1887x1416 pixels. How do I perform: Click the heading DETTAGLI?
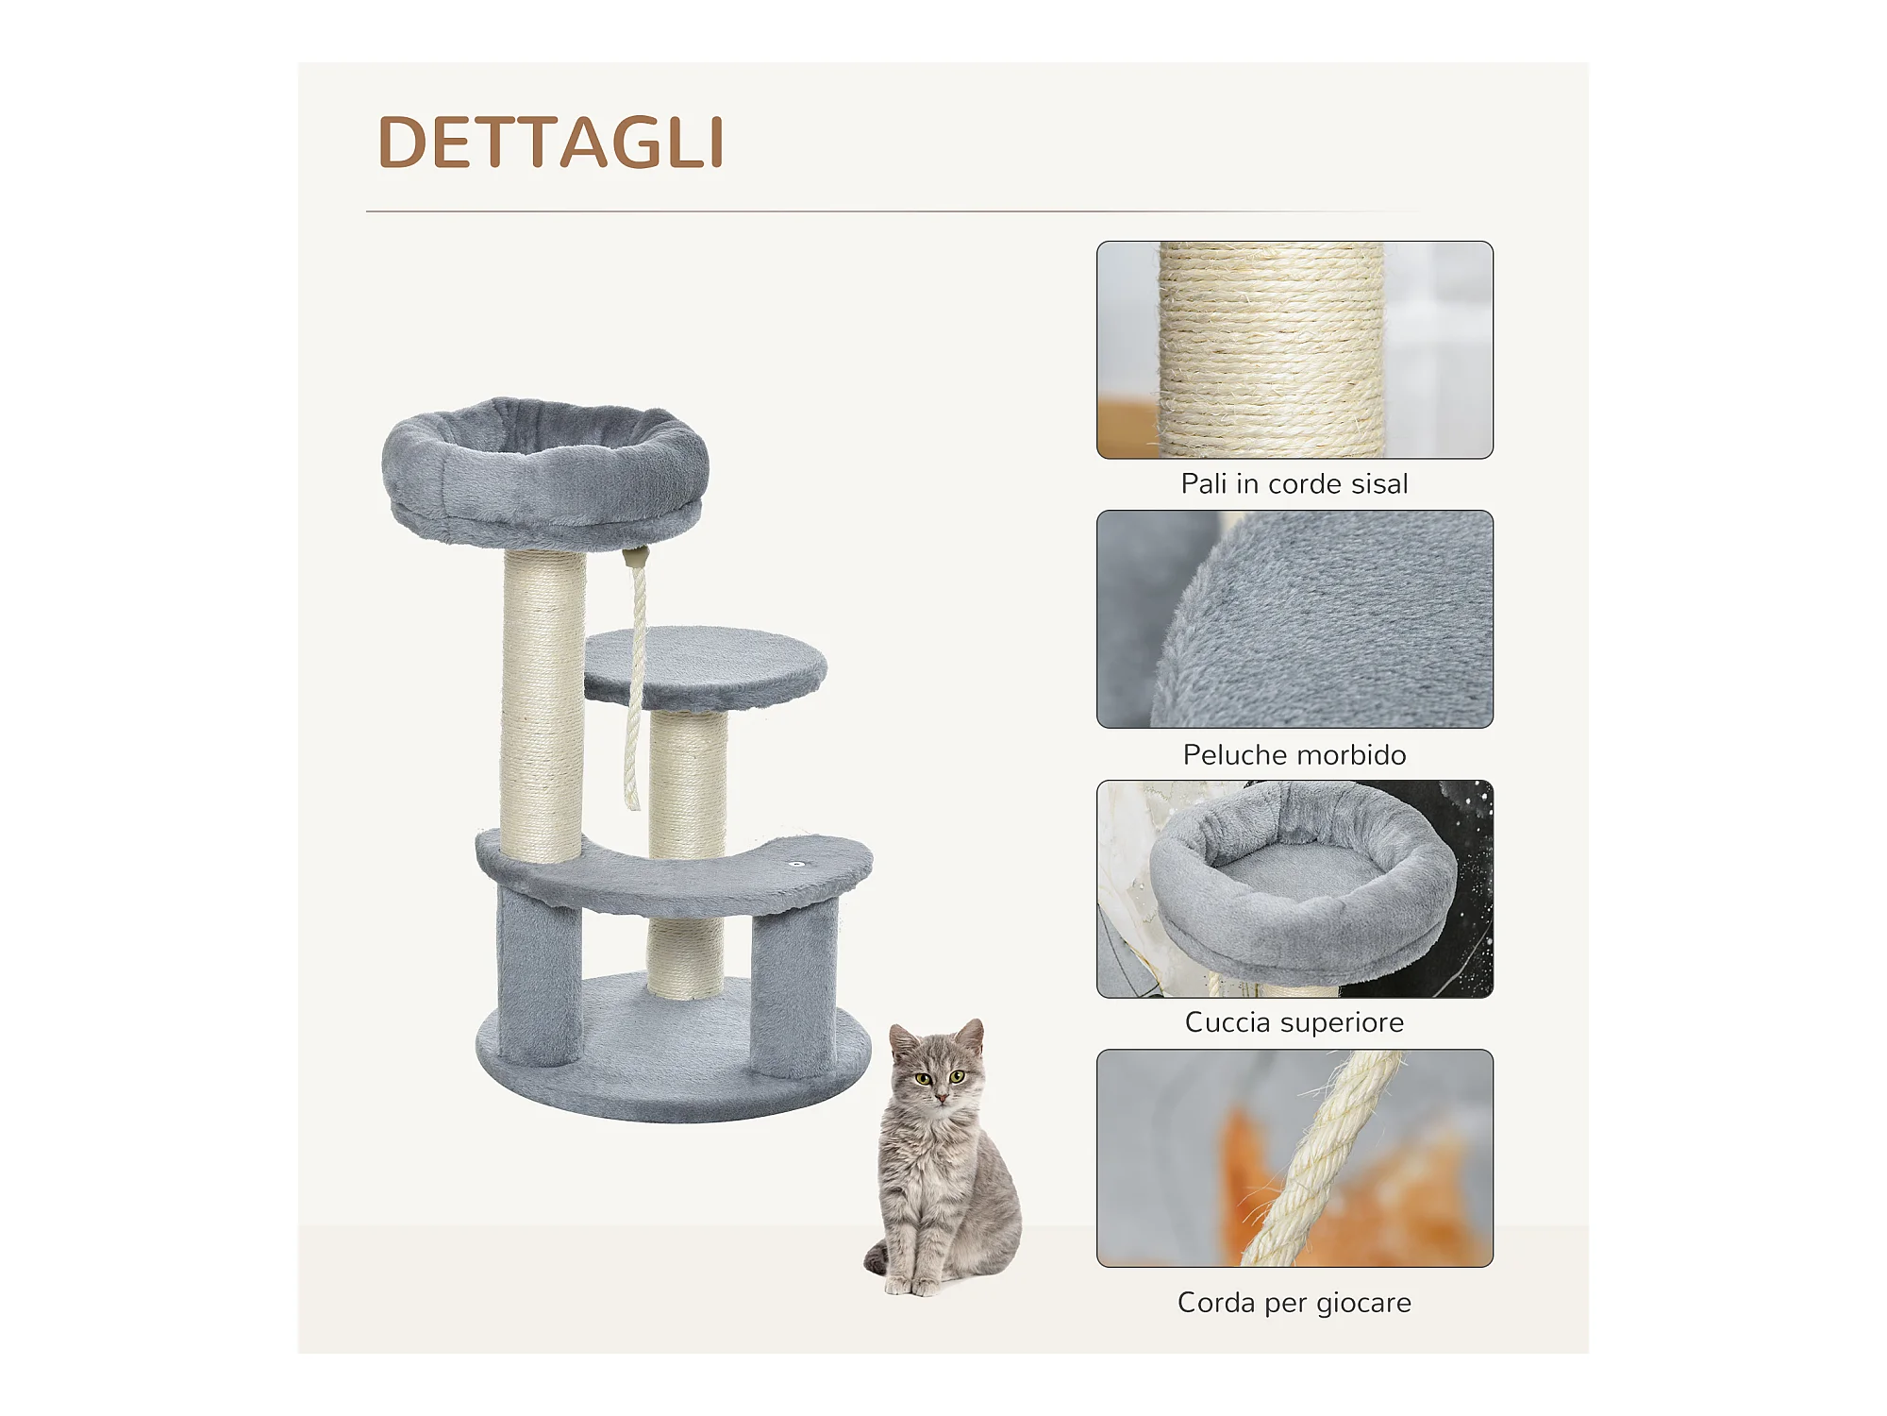pos(551,143)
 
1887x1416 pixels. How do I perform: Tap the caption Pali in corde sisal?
pos(1294,484)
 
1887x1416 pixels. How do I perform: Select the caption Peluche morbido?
pos(1294,754)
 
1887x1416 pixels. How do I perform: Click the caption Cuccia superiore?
pos(1294,1022)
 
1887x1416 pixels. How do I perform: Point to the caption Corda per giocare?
pos(1294,1303)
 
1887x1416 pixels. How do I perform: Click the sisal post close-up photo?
pos(1294,349)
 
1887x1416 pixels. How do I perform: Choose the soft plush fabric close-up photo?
pos(1294,619)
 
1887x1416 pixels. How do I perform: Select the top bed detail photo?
pos(1294,888)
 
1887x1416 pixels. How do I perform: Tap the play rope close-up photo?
pos(1294,1158)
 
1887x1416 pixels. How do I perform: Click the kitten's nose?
pos(940,1097)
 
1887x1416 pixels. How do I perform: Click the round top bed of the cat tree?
pos(545,472)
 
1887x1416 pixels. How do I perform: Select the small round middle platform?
pos(705,666)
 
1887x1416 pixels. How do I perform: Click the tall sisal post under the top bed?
pos(543,705)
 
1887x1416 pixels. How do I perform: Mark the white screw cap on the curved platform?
pos(797,864)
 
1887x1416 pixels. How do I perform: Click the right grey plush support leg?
pos(794,987)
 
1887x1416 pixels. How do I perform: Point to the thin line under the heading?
pos(892,211)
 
